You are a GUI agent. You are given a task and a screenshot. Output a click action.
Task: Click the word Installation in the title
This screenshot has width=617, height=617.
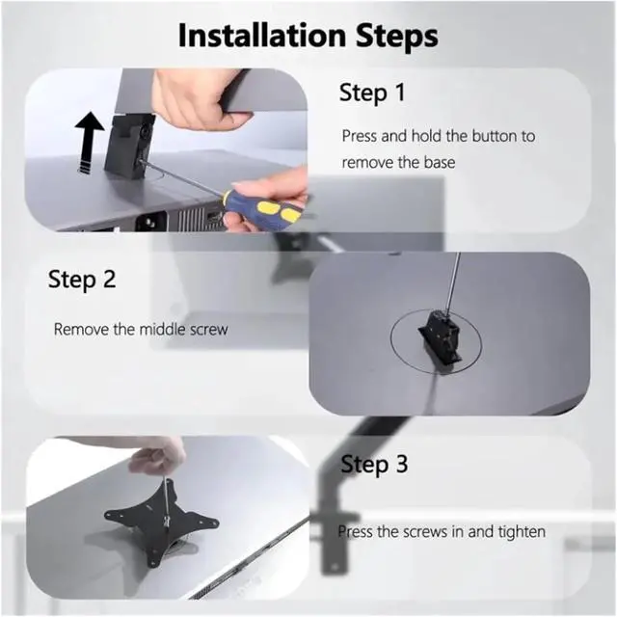pos(262,35)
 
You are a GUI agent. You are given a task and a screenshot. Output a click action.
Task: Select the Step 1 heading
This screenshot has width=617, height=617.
pos(372,93)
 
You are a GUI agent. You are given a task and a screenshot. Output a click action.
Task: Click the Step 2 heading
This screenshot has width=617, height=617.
pos(82,279)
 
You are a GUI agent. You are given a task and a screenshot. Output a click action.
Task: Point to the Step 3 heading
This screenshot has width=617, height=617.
pos(374,464)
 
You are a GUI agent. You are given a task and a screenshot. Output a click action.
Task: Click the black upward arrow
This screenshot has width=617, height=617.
pos(90,142)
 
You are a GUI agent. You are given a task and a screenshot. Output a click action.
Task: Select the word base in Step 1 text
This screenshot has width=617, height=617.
pos(440,163)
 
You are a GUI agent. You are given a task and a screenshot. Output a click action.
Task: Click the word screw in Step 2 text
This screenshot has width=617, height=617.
pos(208,330)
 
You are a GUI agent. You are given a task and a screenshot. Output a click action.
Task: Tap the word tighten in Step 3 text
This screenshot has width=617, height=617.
pos(522,532)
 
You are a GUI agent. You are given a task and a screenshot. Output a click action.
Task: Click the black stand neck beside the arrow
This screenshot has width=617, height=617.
pos(129,145)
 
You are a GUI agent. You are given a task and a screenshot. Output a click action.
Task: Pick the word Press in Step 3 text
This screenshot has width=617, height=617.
pos(356,532)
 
